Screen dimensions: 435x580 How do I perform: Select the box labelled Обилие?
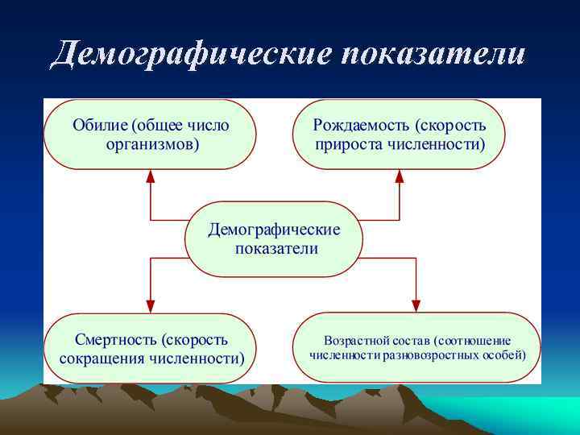coord(151,135)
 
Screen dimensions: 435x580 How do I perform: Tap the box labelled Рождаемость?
coord(400,135)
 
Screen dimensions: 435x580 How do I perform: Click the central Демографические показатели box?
coord(275,238)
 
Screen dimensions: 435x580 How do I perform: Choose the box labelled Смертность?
coord(151,348)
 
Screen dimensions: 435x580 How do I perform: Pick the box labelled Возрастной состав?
coord(416,348)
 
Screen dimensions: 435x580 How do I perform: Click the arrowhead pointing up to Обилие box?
coord(150,176)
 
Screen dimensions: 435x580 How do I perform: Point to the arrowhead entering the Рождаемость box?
coord(400,176)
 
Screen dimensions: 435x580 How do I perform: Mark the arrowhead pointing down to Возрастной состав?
coord(416,306)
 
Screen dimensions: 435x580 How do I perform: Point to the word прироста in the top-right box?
coord(343,145)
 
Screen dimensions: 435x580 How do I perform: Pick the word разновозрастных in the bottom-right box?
coord(421,354)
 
